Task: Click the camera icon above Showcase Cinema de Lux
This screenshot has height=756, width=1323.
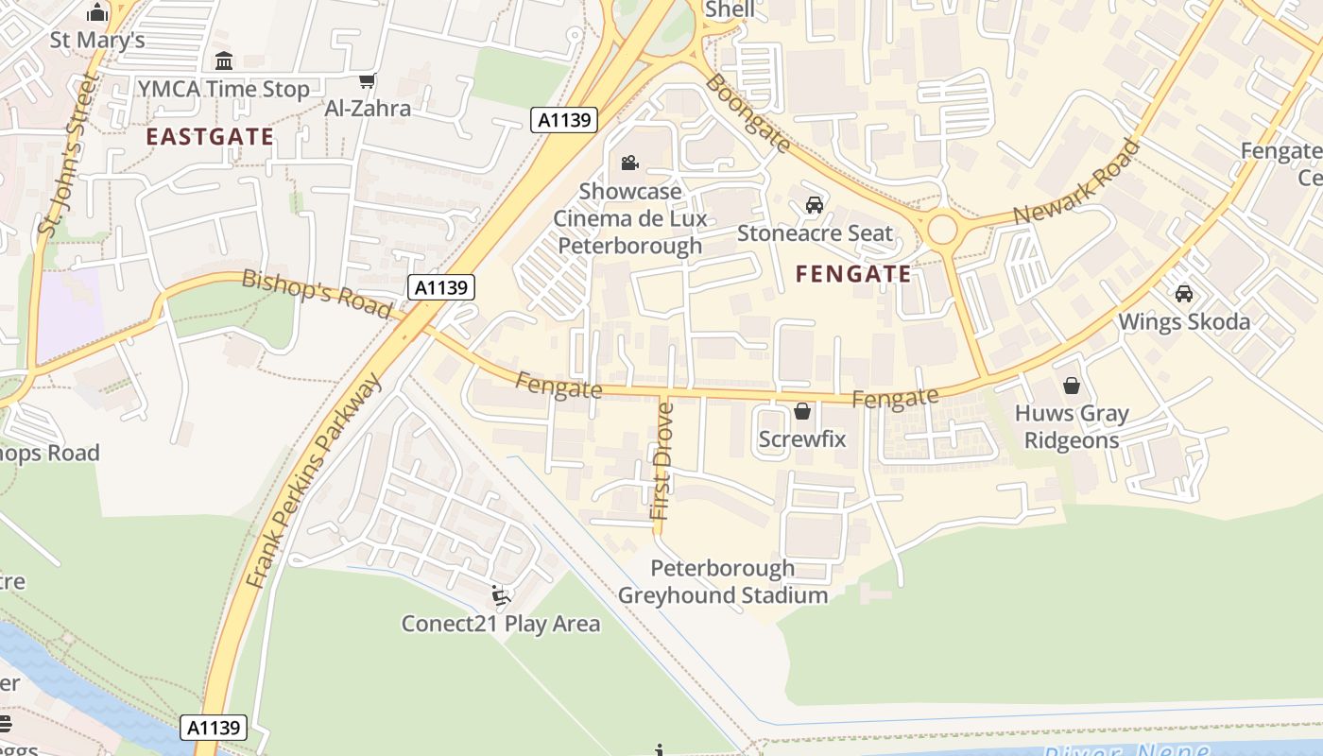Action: (629, 163)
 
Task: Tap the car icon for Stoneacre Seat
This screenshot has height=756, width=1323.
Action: (814, 205)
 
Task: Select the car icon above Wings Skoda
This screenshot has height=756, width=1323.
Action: (1184, 294)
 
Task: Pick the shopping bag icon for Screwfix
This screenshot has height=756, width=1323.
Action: (802, 412)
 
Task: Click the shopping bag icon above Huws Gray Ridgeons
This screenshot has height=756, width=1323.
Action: (1072, 386)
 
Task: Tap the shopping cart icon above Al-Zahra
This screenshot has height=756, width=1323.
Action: (368, 81)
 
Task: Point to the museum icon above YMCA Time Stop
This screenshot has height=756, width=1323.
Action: (224, 61)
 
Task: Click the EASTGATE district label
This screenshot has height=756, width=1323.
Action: (210, 137)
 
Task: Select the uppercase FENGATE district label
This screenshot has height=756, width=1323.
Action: (853, 275)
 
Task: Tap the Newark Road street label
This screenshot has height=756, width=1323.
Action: (1076, 182)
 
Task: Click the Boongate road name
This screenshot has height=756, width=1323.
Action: (747, 112)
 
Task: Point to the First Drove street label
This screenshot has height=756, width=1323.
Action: (663, 461)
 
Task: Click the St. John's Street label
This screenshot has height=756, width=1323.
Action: (68, 153)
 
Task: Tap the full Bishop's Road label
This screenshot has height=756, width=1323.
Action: (317, 294)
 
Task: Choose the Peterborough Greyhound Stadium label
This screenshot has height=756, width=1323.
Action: (723, 582)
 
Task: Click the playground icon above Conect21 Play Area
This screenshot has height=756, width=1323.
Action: (500, 596)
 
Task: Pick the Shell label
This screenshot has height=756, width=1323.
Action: (730, 10)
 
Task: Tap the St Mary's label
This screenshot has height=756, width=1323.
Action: (97, 40)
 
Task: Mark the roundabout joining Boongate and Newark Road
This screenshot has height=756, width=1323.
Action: (942, 229)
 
